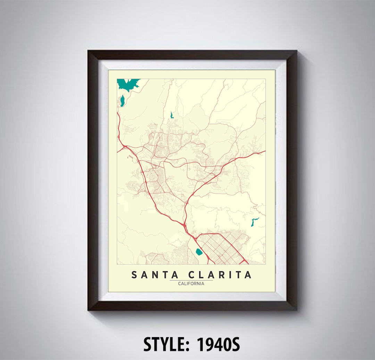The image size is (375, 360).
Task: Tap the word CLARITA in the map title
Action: pyautogui.click(x=220, y=275)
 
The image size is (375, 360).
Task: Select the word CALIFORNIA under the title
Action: pyautogui.click(x=191, y=284)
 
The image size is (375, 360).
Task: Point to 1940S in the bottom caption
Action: pyautogui.click(x=218, y=345)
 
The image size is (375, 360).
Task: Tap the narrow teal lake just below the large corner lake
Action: pyautogui.click(x=122, y=101)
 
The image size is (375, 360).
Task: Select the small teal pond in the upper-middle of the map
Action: pyautogui.click(x=171, y=115)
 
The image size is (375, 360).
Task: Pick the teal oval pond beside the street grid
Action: pyautogui.click(x=199, y=252)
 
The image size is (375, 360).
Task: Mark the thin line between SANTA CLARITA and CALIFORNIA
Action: pyautogui.click(x=191, y=280)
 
